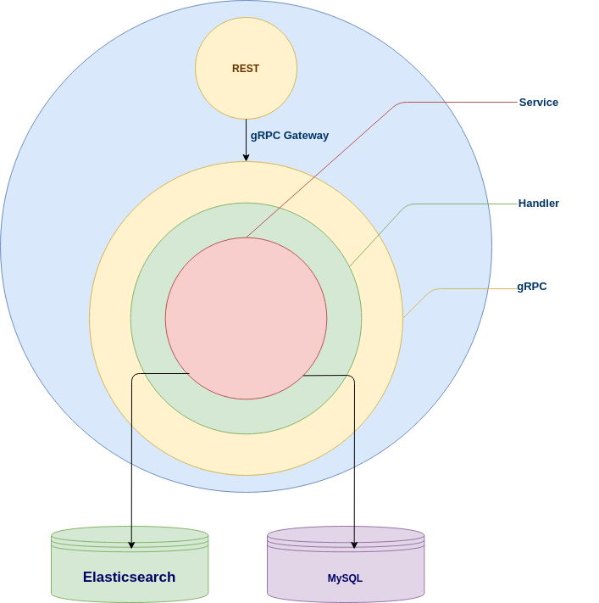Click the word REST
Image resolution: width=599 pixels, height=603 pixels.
pyautogui.click(x=246, y=69)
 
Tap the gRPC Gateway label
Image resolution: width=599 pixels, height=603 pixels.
pyautogui.click(x=289, y=136)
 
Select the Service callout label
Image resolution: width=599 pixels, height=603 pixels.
pyautogui.click(x=539, y=103)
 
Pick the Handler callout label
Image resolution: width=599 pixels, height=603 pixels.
pyautogui.click(x=538, y=204)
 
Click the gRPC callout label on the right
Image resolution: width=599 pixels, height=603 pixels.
pyautogui.click(x=532, y=287)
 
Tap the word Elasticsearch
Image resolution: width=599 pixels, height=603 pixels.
pyautogui.click(x=129, y=578)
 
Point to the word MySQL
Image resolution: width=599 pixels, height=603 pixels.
pyautogui.click(x=345, y=578)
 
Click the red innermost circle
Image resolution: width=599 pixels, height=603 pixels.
pyautogui.click(x=246, y=318)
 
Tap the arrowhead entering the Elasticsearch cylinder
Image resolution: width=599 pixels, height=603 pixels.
pyautogui.click(x=131, y=544)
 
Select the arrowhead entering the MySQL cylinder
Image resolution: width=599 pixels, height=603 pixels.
pyautogui.click(x=354, y=544)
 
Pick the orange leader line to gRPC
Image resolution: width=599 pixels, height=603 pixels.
pyautogui.click(x=420, y=301)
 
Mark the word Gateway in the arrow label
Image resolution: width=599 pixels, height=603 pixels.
pyautogui.click(x=306, y=136)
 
